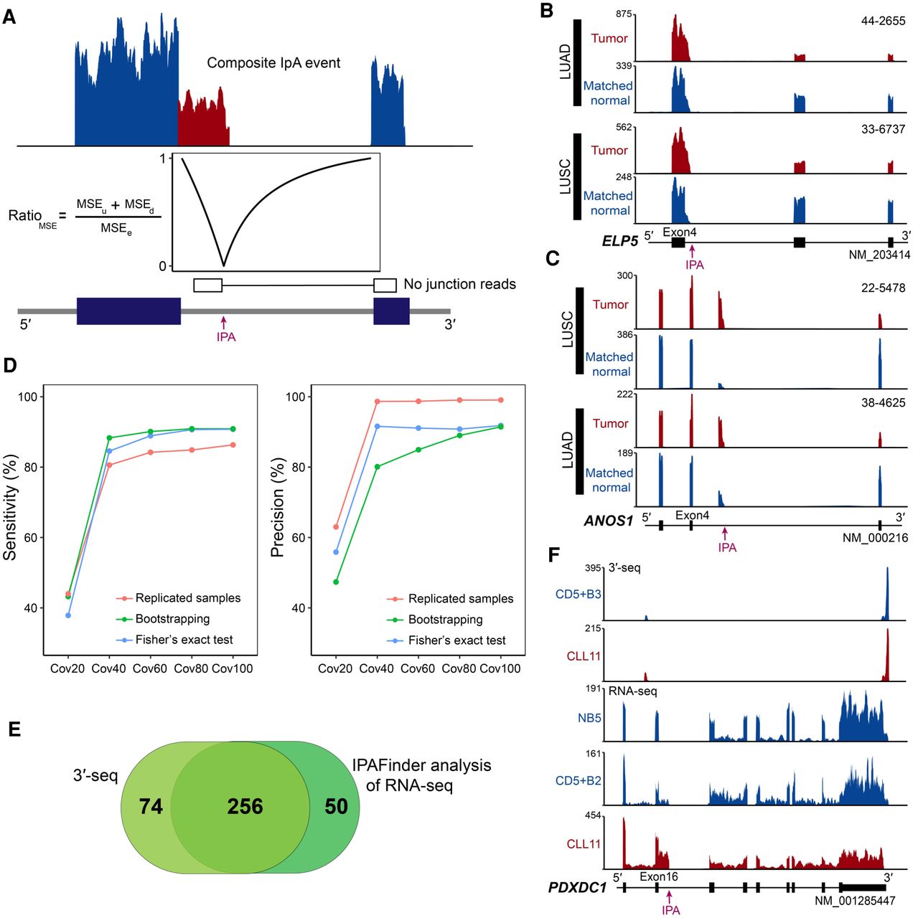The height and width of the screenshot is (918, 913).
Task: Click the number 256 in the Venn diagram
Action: [x=245, y=807]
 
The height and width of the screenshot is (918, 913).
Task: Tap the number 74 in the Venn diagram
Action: [x=151, y=807]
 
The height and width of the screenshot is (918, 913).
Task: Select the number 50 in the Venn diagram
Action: [x=336, y=807]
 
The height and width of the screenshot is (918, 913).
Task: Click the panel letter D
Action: [x=10, y=365]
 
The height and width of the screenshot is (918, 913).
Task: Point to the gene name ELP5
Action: [x=619, y=241]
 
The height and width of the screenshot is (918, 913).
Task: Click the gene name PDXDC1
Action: [x=577, y=888]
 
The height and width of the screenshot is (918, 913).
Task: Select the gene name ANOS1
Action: [x=608, y=521]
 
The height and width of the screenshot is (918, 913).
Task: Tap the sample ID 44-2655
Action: [x=883, y=21]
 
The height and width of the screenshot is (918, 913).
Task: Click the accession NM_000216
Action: [x=875, y=538]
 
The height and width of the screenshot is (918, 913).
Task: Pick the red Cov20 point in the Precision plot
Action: [x=336, y=527]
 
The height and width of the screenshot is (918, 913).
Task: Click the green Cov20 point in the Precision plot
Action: [x=336, y=582]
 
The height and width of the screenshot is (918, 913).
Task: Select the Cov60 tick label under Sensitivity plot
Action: [x=150, y=668]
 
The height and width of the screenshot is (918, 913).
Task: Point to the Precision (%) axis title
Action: [x=278, y=508]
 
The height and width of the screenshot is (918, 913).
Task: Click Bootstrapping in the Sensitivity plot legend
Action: [x=172, y=619]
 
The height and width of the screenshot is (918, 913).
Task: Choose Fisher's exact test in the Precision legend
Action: [x=456, y=640]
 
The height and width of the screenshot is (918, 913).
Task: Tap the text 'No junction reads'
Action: [x=459, y=285]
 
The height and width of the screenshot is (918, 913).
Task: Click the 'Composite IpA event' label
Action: [x=273, y=63]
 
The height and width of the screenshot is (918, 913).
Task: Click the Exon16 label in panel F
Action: [x=658, y=876]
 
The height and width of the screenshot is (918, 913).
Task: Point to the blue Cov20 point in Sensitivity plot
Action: [x=68, y=615]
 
